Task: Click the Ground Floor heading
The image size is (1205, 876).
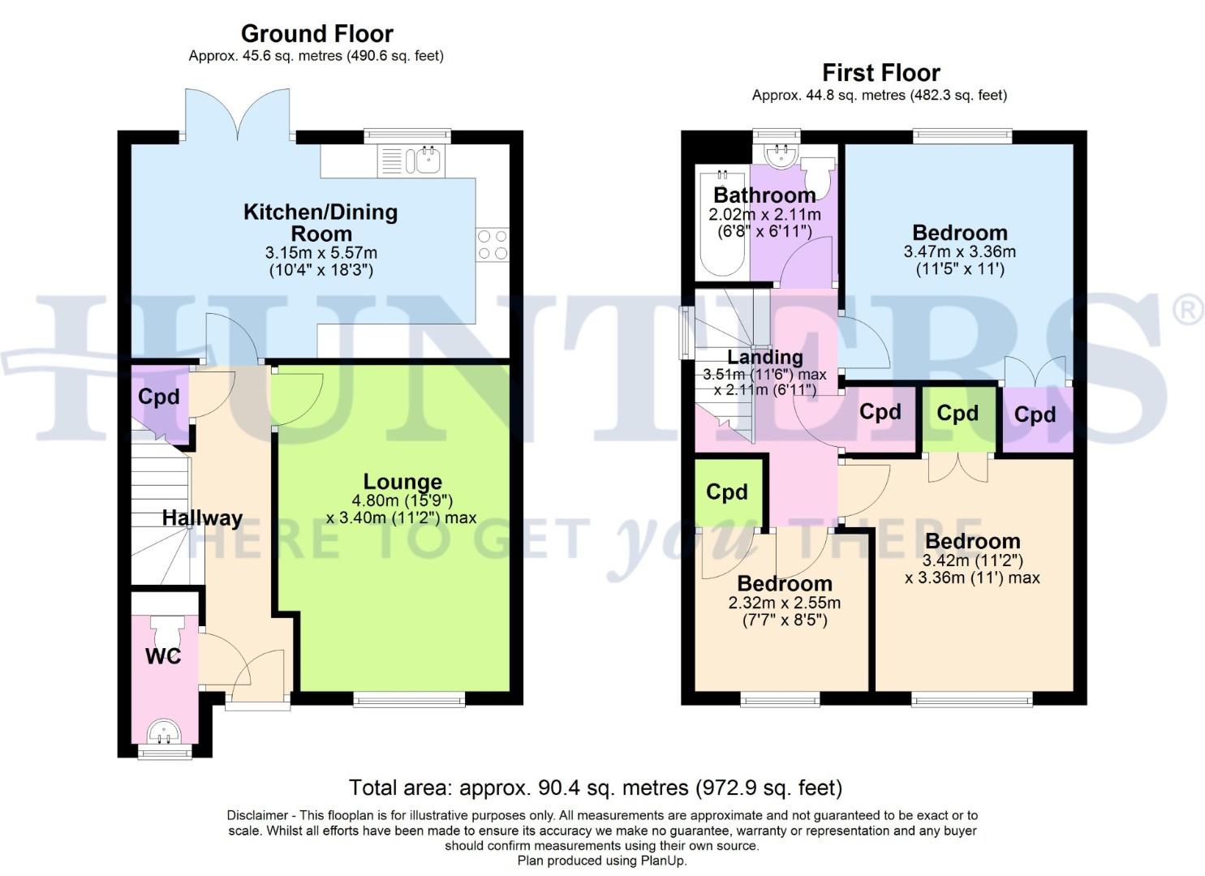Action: pyautogui.click(x=316, y=33)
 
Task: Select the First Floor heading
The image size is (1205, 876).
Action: pyautogui.click(x=880, y=72)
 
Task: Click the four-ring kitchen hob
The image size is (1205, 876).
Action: pyautogui.click(x=493, y=245)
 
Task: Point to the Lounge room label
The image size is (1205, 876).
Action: pyautogui.click(x=402, y=482)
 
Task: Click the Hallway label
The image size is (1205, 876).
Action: pyautogui.click(x=202, y=518)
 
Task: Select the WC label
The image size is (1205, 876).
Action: pyautogui.click(x=163, y=656)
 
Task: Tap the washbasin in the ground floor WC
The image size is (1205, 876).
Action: pyautogui.click(x=165, y=732)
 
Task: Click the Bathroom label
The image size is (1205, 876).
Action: pyautogui.click(x=764, y=195)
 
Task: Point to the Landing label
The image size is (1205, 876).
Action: pyautogui.click(x=764, y=357)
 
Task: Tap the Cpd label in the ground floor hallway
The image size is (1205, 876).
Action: pyautogui.click(x=158, y=397)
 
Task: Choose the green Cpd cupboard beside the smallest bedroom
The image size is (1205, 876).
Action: pyautogui.click(x=727, y=492)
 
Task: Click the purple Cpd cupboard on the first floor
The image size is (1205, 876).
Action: pyautogui.click(x=1035, y=415)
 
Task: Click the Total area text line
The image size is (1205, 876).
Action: pyautogui.click(x=595, y=788)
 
